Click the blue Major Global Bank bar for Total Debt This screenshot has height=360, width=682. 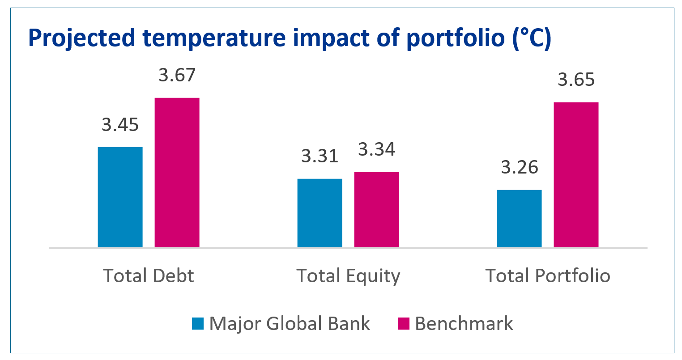[120, 197]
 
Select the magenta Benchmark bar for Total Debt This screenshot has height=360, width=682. [177, 172]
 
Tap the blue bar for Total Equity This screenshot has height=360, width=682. [320, 213]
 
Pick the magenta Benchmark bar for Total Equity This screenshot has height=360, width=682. [376, 209]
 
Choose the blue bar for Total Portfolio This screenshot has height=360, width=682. [519, 218]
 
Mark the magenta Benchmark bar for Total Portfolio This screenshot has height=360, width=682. [576, 174]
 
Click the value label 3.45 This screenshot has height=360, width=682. [120, 125]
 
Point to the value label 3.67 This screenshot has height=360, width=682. [177, 75]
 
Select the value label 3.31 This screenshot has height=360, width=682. [320, 156]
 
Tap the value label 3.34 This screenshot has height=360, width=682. [376, 149]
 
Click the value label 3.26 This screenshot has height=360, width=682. [519, 167]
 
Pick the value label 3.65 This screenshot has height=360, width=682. [576, 80]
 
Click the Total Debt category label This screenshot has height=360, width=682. [149, 275]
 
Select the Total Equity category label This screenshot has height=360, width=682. [348, 276]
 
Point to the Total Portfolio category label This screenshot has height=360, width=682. [548, 275]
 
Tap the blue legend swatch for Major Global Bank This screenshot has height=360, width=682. [198, 323]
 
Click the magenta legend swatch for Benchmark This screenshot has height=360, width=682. [404, 323]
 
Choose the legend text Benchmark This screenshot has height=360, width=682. [464, 323]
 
